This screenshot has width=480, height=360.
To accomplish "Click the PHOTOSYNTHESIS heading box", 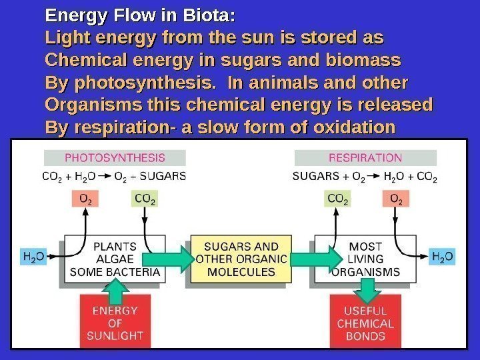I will [x=115, y=158].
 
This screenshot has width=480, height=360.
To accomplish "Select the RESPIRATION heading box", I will [x=365, y=158].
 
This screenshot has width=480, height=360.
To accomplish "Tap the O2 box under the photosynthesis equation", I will [x=86, y=198].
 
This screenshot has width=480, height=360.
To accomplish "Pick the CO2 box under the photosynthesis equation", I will [x=145, y=198].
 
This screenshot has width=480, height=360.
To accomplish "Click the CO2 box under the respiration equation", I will [x=338, y=198].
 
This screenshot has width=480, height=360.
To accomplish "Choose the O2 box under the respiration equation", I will [x=396, y=198].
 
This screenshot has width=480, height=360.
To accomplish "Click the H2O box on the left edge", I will [x=35, y=256].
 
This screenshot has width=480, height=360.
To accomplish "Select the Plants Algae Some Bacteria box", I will [x=115, y=259].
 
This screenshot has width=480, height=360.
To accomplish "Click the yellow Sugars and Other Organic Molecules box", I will [x=241, y=259].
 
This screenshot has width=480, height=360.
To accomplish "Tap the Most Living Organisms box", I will [x=365, y=259].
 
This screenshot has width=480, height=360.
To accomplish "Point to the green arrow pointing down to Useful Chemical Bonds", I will [x=365, y=289].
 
